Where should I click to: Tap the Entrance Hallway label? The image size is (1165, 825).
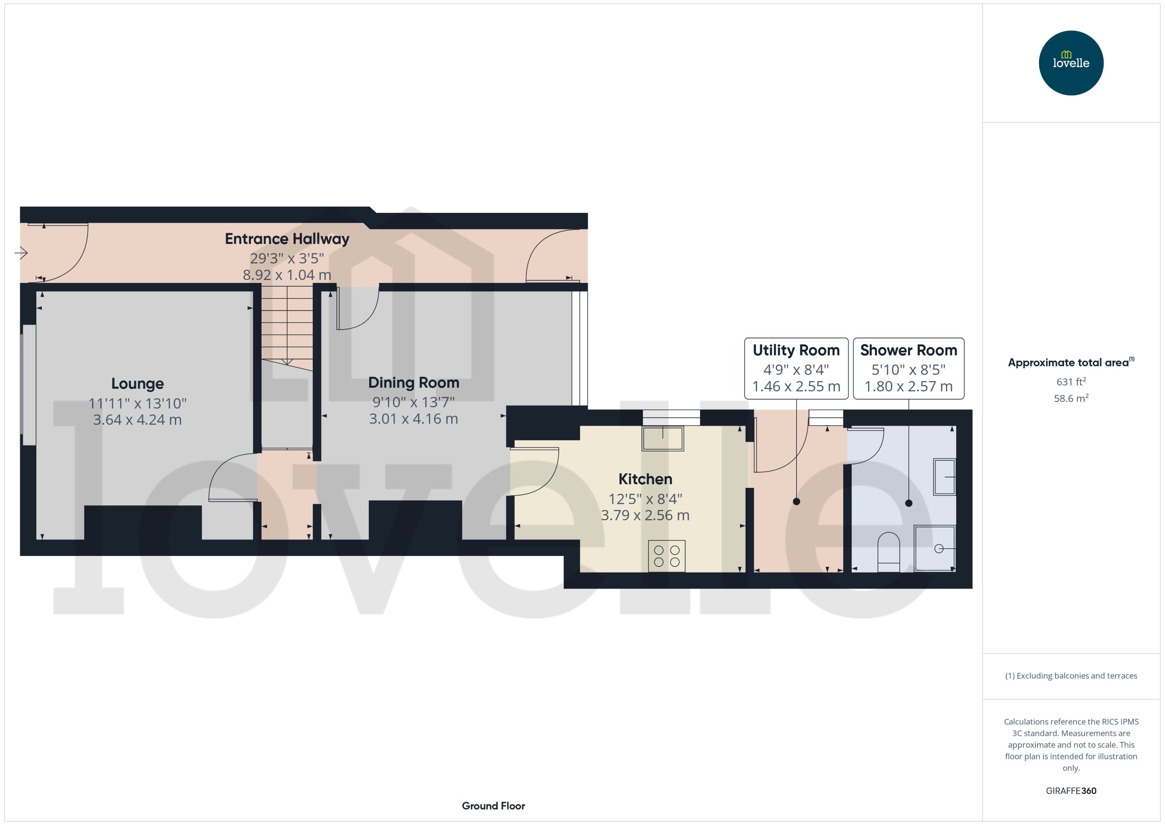coord(287,239)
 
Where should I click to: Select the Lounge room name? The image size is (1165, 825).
coord(137,384)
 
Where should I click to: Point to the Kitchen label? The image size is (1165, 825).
coord(645,479)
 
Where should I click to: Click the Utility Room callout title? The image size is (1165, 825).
coord(796,350)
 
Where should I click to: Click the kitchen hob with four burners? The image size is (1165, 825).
coord(666,556)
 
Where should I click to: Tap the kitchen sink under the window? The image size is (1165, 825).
coord(662,438)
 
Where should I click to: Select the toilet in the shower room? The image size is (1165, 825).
coord(888,551)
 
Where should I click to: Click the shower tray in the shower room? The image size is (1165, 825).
coord(935,548)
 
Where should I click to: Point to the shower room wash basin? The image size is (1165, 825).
coord(944,477)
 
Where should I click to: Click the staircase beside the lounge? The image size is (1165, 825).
coord(287,325)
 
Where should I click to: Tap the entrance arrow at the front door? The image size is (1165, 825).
coord(21,252)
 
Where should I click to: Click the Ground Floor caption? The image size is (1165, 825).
coord(493,806)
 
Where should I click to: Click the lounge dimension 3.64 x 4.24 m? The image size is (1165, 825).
coord(137,420)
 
